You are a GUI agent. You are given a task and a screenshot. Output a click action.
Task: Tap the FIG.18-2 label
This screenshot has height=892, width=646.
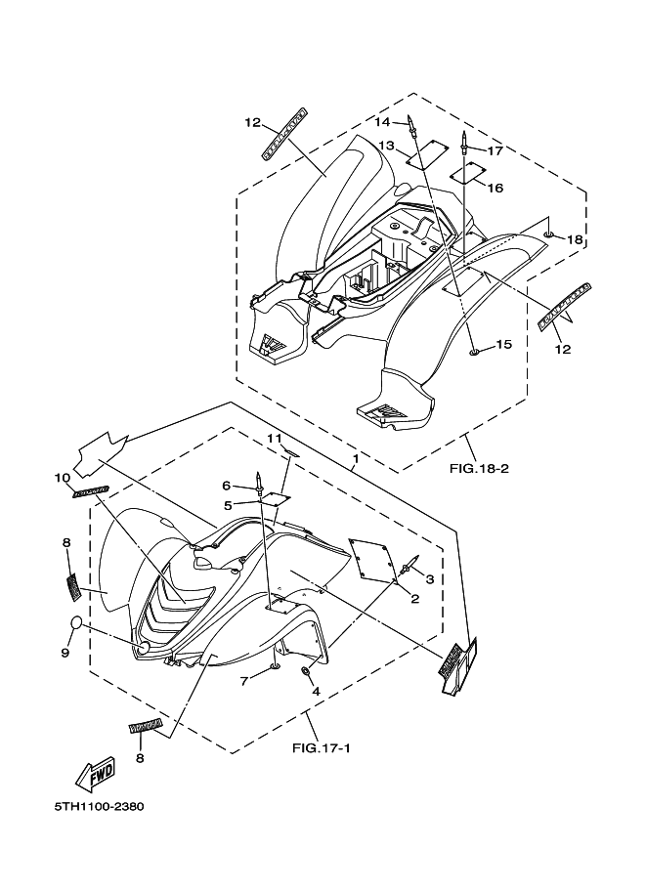click(479, 468)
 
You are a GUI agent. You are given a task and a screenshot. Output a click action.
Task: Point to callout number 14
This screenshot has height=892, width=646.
click(383, 122)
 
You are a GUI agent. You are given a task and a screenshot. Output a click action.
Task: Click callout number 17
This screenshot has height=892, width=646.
click(495, 151)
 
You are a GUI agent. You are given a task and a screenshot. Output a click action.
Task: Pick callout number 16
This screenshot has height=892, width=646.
click(495, 188)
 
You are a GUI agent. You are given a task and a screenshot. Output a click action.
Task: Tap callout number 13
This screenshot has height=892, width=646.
click(387, 146)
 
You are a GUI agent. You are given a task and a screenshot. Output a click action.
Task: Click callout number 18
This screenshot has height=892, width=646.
click(575, 240)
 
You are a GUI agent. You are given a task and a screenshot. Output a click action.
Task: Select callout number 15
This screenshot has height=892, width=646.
click(503, 344)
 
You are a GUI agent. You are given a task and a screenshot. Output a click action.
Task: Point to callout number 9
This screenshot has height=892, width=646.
click(65, 653)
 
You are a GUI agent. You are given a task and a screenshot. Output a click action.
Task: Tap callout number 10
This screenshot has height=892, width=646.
click(63, 478)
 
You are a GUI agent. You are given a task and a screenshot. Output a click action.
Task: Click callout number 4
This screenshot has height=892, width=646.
click(316, 691)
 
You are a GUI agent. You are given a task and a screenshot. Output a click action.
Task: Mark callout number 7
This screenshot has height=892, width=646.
click(244, 680)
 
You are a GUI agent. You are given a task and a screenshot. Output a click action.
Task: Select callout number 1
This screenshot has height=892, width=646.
click(355, 457)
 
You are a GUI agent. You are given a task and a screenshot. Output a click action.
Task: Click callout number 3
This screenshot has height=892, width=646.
click(428, 578)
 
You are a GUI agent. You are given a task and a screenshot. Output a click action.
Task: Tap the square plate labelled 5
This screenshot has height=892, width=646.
click(277, 497)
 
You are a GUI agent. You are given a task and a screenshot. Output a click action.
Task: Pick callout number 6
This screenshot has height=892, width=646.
click(226, 486)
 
